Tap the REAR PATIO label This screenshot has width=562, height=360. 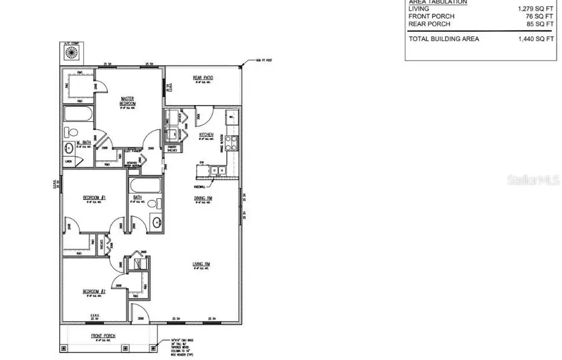pyautogui.click(x=203, y=78)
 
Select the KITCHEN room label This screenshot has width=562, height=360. pyautogui.click(x=207, y=135)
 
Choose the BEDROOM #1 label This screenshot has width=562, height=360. pyautogui.click(x=94, y=198)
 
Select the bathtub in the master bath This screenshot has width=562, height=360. pyautogui.click(x=79, y=115)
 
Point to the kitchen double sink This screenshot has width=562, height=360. pyautogui.click(x=218, y=170)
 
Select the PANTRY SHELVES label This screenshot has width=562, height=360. pyautogui.click(x=172, y=149)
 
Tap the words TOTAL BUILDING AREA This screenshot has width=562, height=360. pyautogui.click(x=444, y=39)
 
